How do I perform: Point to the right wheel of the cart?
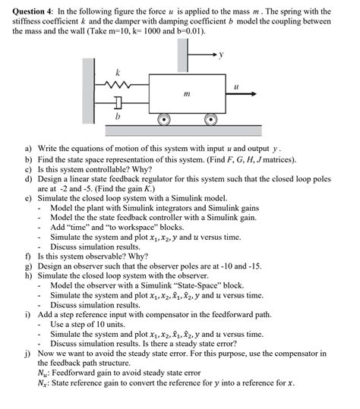click(x=211, y=119)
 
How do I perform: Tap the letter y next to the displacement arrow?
click(x=222, y=55)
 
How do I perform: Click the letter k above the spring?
click(x=117, y=71)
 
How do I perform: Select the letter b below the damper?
click(x=118, y=117)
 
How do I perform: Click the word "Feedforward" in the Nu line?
click(x=77, y=372)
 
